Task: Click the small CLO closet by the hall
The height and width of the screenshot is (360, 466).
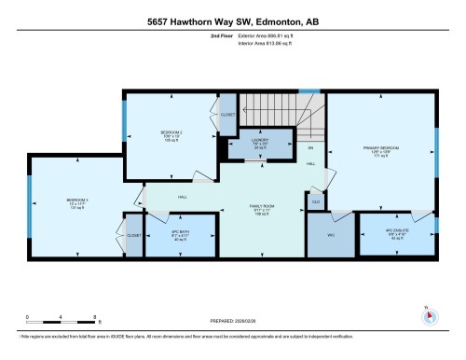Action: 316,201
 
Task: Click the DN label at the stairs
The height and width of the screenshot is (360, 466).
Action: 310,148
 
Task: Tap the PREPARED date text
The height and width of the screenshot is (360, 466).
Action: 233,322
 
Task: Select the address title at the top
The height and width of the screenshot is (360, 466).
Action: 232,21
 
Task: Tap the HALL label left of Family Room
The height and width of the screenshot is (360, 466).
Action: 184,197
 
